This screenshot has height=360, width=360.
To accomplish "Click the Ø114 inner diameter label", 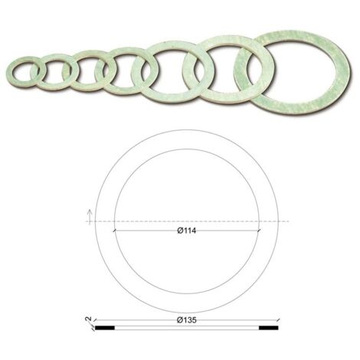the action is click(x=187, y=231).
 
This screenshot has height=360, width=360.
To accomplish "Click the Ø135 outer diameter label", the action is click(x=187, y=320).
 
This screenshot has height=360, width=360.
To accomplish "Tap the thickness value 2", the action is click(x=89, y=319).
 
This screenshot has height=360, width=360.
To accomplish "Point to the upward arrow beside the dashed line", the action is click(x=90, y=218).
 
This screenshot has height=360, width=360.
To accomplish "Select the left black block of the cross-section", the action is click(x=105, y=328).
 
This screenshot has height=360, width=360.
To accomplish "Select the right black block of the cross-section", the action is click(x=269, y=328).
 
